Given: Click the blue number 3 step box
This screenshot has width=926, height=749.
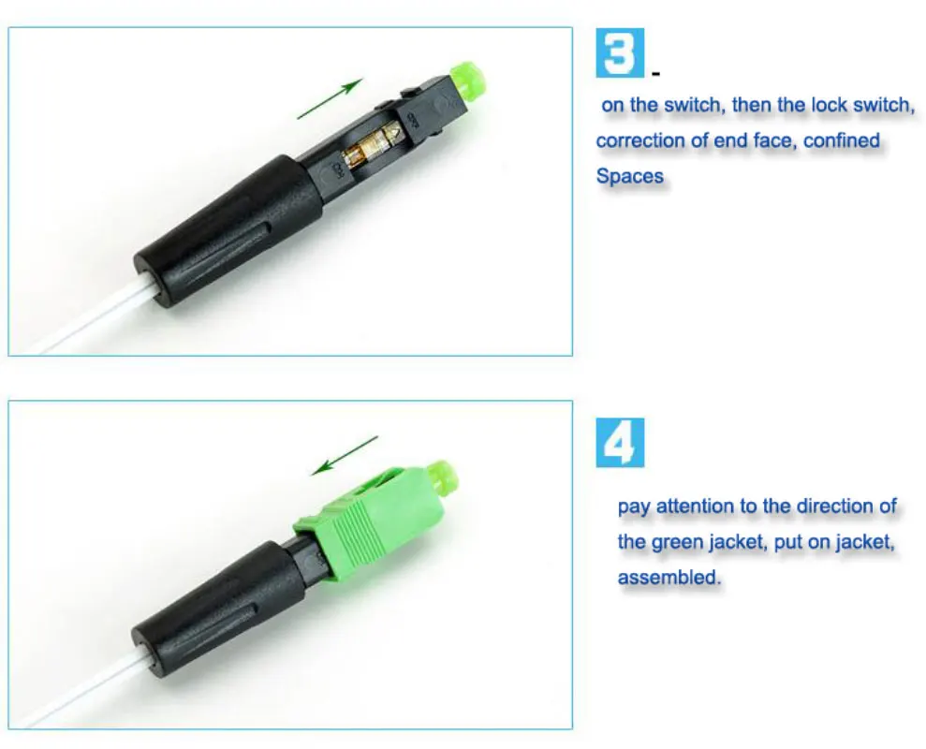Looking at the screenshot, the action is (x=620, y=52).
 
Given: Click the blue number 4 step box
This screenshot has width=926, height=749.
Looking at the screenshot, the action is (x=620, y=443).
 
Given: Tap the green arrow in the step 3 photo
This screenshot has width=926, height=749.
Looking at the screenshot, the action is (x=330, y=98).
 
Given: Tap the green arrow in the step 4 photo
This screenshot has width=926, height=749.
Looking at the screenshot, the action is (x=345, y=455).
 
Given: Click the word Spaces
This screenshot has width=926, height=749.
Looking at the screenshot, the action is (x=629, y=176).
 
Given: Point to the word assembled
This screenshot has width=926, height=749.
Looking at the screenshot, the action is (x=669, y=577).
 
